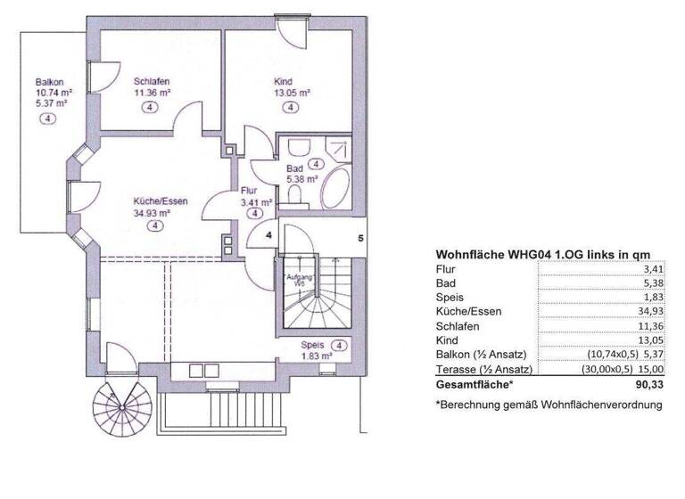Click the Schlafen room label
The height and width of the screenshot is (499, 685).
152,80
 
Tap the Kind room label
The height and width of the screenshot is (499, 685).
283,80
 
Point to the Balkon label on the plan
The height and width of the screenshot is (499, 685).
49,81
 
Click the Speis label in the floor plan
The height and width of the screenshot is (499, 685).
311,345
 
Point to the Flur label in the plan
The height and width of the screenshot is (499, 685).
249,191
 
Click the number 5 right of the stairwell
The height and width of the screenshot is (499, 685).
360,238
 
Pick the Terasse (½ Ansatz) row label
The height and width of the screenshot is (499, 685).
483,368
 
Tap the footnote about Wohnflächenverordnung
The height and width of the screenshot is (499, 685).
549,405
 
